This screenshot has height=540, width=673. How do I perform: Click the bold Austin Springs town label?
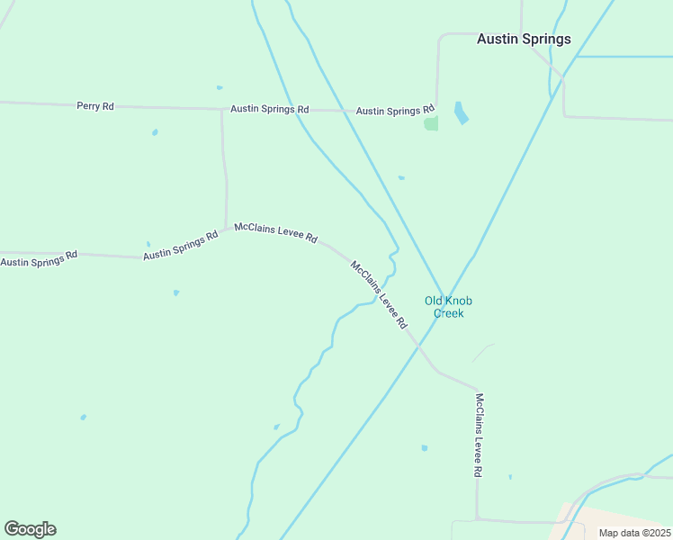(x=524, y=39)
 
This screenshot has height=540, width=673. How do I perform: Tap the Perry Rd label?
(x=95, y=106)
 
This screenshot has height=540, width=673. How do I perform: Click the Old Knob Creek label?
(x=448, y=307)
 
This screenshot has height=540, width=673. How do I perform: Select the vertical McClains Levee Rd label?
(x=480, y=435)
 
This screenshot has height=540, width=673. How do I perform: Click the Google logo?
(x=30, y=529)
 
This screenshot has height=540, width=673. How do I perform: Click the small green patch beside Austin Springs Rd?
(x=431, y=123)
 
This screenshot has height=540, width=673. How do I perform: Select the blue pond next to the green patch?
(x=462, y=112)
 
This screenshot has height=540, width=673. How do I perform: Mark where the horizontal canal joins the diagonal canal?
(x=576, y=57)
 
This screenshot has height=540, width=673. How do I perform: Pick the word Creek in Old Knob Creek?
(x=448, y=313)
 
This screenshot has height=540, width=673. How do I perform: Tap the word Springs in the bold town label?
(x=546, y=39)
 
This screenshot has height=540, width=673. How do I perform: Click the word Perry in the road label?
(x=88, y=106)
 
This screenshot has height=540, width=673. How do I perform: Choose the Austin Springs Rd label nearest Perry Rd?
(x=270, y=109)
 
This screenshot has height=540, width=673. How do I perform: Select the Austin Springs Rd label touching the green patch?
(x=395, y=111)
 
